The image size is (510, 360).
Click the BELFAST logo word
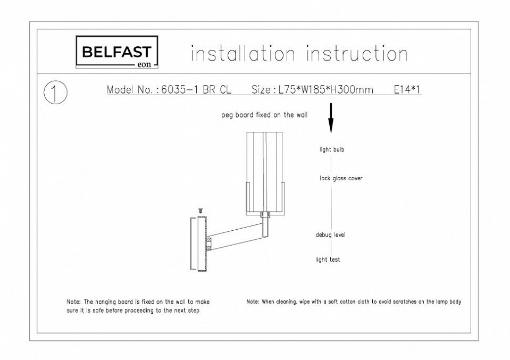coord(117,52)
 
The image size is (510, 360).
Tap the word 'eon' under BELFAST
coord(145,64)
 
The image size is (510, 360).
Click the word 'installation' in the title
coord(243,54)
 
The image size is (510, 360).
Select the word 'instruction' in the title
coord(357,54)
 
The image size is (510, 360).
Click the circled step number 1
coord(56,93)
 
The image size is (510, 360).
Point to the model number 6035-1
coord(180,90)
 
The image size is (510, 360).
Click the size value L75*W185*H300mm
coord(326,90)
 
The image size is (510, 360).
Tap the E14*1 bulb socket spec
coord(407,89)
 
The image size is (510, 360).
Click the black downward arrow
coord(331,118)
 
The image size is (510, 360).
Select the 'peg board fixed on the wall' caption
coord(264,115)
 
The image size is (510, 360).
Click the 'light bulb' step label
coord(332,149)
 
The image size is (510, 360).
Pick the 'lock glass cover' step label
coord(341,178)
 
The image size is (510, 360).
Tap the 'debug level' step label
coord(330,235)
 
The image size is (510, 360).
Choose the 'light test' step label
coord(328,259)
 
